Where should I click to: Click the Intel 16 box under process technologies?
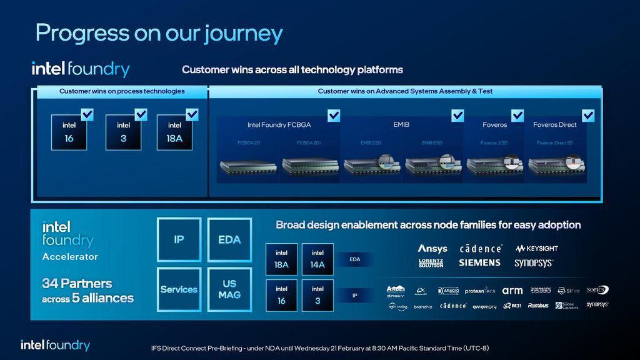(69, 132)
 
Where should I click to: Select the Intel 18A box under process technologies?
(174, 132)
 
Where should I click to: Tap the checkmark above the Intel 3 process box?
(141, 114)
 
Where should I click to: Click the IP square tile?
(179, 239)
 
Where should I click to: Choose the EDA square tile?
(229, 239)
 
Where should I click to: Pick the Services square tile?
(179, 289)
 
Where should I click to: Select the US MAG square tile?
(229, 289)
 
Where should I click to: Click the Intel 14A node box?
(317, 259)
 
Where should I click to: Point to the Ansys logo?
(432, 248)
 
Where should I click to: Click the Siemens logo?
(479, 263)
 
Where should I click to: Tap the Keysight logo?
(537, 248)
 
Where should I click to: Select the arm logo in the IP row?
(512, 291)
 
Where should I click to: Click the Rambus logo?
(538, 306)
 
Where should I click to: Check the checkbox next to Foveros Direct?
(588, 116)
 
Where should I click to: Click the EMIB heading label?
(401, 125)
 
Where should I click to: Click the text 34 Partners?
(77, 283)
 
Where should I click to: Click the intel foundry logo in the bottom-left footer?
(55, 345)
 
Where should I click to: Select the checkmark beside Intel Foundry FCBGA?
(334, 116)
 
